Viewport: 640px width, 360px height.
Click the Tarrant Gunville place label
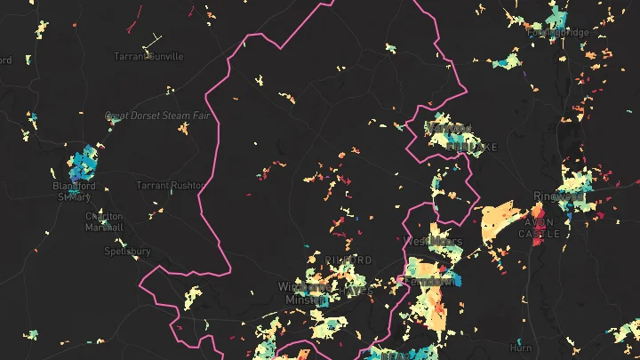148,56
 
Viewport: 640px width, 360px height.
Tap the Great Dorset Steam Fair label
162,116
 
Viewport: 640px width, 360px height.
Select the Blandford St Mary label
74,191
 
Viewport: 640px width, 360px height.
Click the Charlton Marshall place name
105,220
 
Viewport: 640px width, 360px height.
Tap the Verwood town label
449,129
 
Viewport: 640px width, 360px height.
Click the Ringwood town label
557,196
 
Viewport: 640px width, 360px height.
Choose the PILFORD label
348,260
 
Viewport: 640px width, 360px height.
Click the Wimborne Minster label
306,293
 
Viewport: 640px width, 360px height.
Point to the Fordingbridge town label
557,33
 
